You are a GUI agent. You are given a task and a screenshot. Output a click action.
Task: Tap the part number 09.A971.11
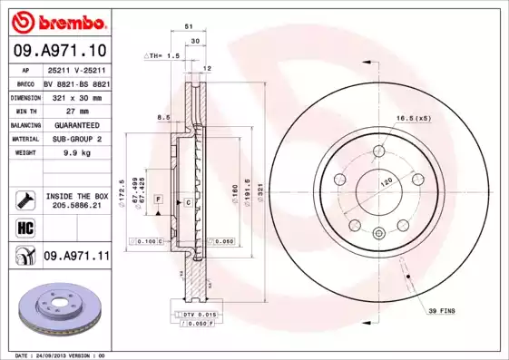click(76, 258)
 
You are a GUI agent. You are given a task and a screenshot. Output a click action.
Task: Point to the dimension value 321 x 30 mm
click(76, 96)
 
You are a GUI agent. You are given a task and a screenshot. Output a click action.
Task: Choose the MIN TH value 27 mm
click(76, 111)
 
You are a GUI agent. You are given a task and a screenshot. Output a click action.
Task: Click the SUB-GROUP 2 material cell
click(76, 139)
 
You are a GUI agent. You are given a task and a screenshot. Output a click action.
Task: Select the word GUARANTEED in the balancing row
click(76, 125)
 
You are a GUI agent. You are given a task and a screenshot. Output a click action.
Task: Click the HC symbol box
click(24, 227)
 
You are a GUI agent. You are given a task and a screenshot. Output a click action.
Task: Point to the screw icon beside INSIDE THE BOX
click(24, 199)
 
